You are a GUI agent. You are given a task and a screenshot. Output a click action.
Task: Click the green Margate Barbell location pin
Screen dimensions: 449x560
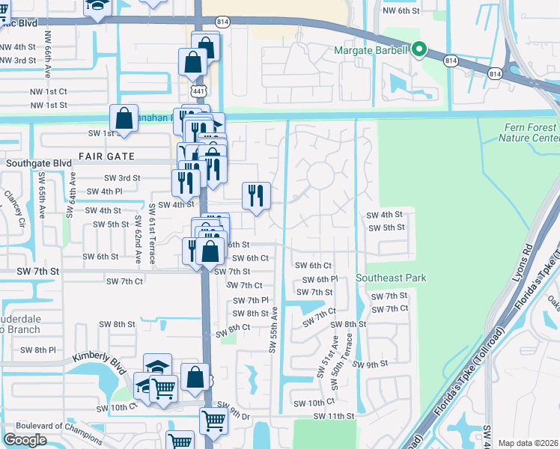point(419,50)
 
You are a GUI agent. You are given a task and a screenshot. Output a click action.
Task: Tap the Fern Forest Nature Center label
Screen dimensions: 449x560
point(531,133)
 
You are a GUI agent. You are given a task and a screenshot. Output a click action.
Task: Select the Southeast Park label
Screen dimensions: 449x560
point(391,278)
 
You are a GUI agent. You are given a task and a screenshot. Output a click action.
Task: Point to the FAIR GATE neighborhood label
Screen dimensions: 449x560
point(104,156)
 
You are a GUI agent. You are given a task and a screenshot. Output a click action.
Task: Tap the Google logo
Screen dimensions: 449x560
point(25,439)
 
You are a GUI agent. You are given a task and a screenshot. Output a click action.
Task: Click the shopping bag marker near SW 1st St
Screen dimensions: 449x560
point(124,119)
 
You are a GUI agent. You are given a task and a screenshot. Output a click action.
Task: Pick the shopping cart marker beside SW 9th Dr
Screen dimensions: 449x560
point(213,421)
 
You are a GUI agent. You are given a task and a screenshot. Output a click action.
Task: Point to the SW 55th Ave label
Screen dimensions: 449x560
point(274,330)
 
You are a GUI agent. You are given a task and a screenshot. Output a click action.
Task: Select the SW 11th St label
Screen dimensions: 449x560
point(332,416)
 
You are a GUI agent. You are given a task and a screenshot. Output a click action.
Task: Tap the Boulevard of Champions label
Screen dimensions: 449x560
point(43,426)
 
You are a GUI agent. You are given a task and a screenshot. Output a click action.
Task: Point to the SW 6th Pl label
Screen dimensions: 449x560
point(320,279)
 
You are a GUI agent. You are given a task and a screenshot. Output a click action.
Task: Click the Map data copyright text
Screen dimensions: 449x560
point(527,443)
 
